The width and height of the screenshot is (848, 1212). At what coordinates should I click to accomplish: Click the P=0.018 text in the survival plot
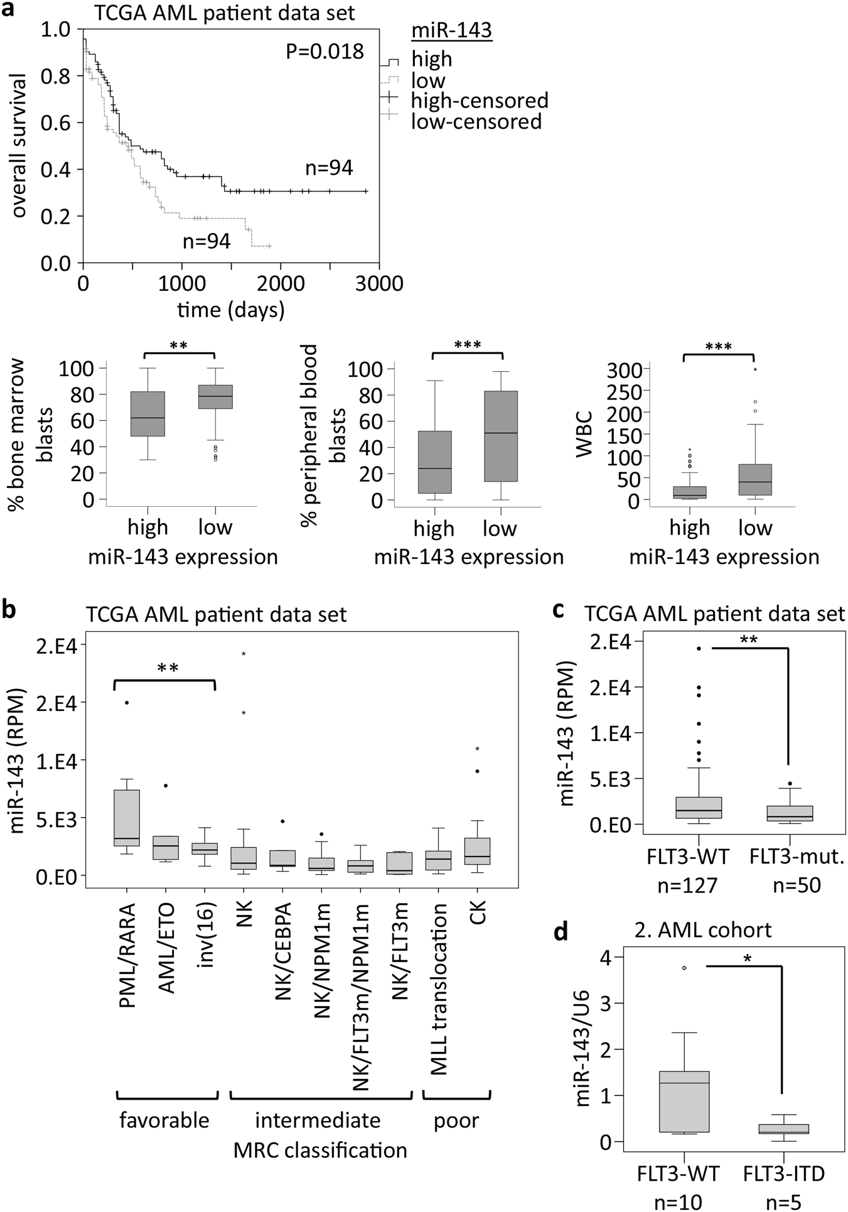tap(325, 51)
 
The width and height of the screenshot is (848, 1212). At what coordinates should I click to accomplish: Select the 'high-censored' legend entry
tap(480, 100)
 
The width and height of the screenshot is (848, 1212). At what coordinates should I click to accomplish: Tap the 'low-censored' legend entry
tap(476, 121)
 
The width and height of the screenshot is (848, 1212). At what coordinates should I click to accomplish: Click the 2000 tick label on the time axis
tap(281, 283)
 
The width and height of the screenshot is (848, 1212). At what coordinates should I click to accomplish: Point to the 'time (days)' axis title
tap(230, 310)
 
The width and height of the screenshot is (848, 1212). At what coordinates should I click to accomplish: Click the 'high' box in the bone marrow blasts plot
tap(148, 414)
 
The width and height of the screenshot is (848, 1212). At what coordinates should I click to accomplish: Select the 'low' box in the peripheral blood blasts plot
tap(501, 436)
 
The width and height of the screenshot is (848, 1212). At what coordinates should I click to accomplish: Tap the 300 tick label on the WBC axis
tap(625, 370)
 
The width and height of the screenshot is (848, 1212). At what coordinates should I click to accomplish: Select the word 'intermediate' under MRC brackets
tap(318, 1120)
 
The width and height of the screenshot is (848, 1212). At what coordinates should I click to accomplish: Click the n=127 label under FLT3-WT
tap(687, 885)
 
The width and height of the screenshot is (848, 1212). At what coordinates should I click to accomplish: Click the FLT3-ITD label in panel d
tap(784, 1173)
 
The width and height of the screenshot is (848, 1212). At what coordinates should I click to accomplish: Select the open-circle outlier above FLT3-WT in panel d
tap(684, 968)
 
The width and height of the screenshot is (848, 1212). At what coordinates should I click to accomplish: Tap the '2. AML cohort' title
tap(703, 929)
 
